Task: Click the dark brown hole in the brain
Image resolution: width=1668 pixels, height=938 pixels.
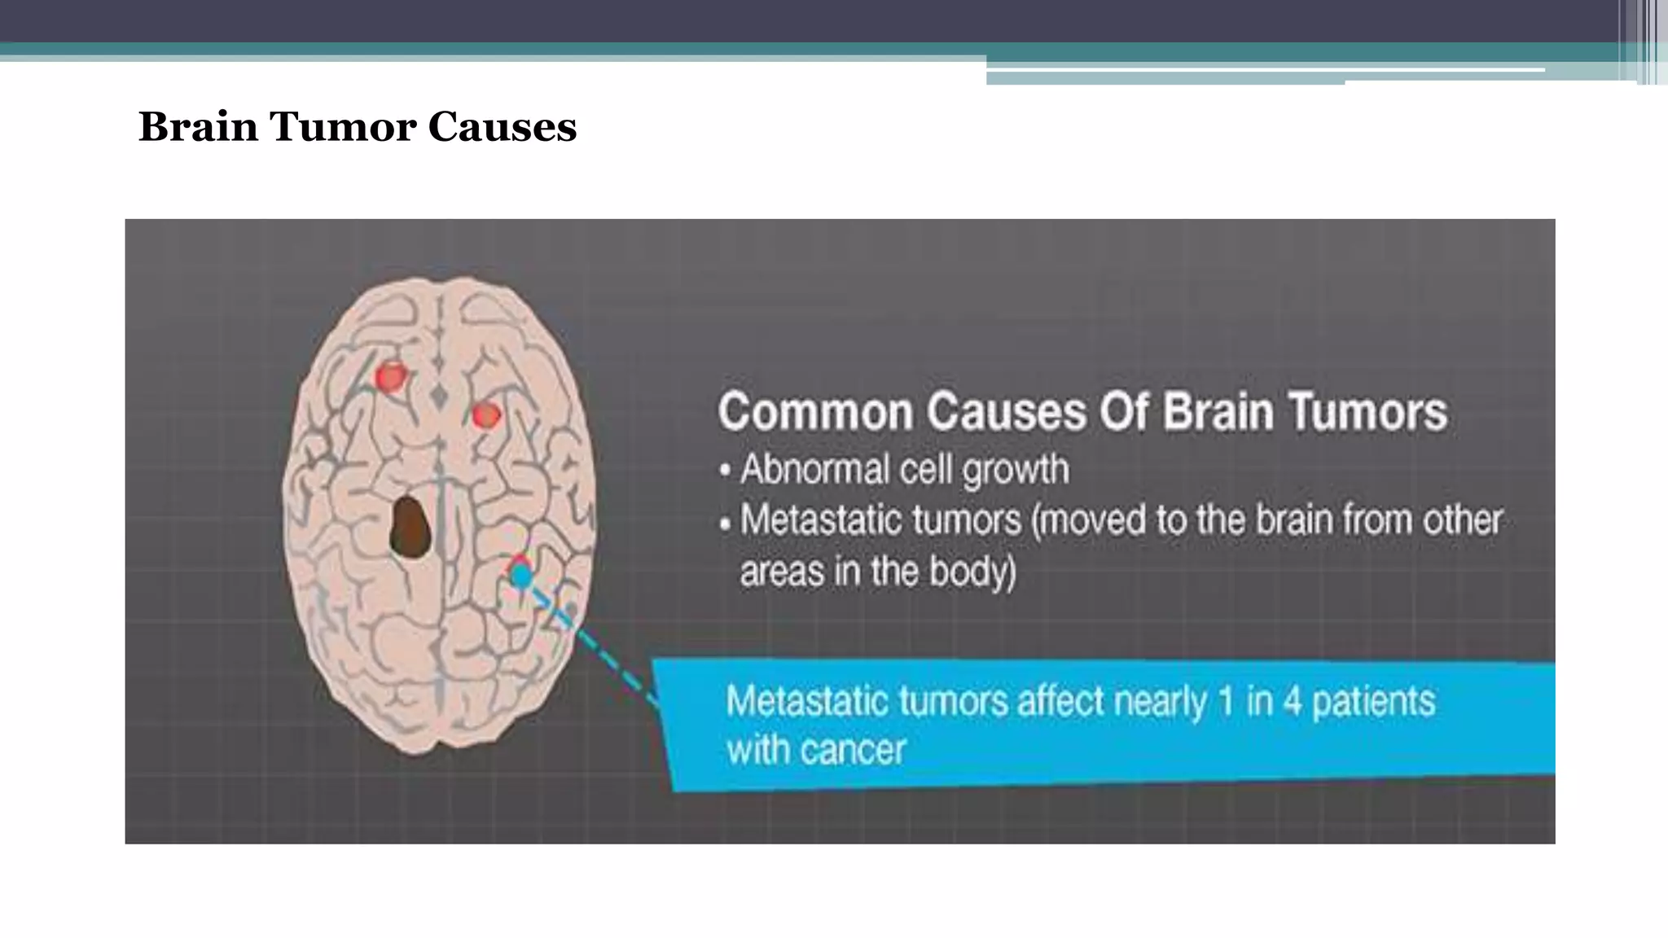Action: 410,528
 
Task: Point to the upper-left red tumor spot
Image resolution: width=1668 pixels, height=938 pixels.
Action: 391,376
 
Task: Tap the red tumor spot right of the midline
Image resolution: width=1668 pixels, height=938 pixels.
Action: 486,415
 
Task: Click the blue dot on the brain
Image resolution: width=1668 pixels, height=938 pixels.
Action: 521,576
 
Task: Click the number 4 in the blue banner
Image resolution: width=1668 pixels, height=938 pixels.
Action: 1292,701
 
